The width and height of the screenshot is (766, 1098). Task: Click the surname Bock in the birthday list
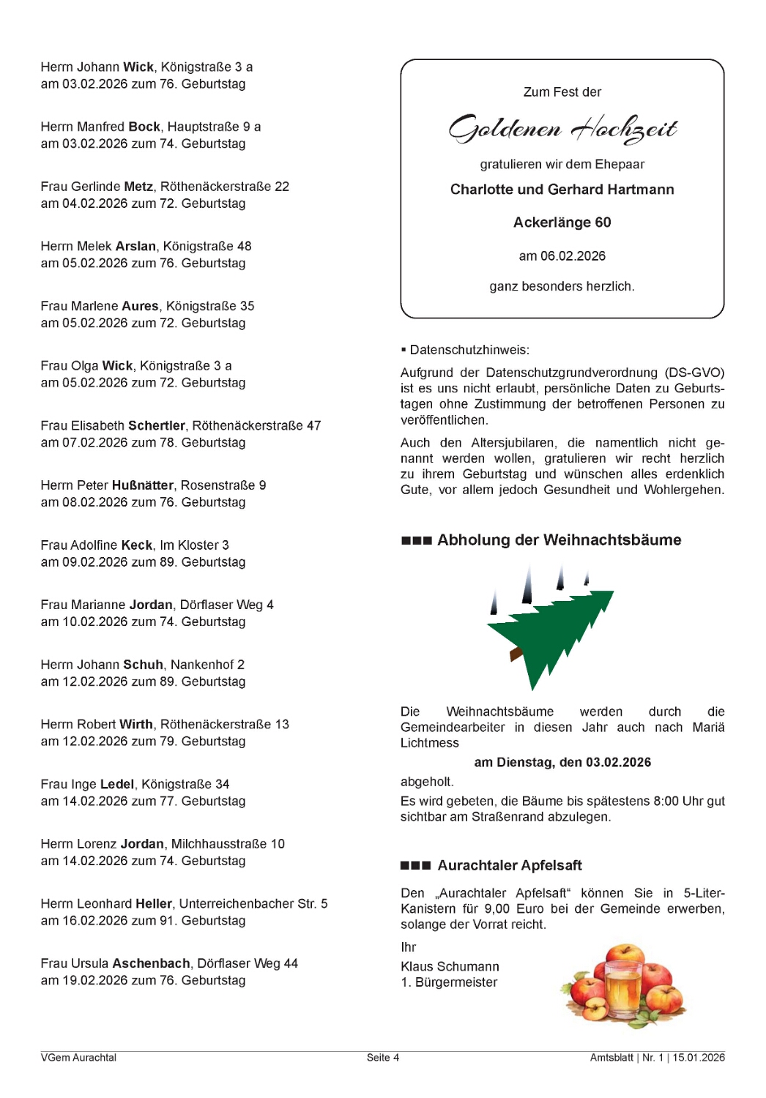[x=144, y=127]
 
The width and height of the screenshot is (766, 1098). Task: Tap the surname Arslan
[x=135, y=246]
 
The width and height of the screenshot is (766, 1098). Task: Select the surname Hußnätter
[x=143, y=485]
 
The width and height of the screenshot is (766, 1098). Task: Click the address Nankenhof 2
[x=207, y=665]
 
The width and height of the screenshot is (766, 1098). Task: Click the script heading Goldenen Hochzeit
[x=562, y=129]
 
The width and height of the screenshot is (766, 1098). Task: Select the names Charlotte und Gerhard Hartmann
[x=562, y=190]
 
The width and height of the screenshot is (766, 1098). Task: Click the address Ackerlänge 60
[x=562, y=223]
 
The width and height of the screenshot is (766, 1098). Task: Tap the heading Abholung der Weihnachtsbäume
[x=559, y=540]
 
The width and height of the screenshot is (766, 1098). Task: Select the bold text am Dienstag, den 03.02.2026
[x=562, y=762]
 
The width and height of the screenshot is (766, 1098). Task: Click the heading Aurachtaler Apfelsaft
[x=510, y=865]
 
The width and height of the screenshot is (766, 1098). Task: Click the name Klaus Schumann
[x=450, y=966]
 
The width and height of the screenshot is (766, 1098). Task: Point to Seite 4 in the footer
[x=383, y=1058]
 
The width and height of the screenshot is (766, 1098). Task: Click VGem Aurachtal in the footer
[x=78, y=1058]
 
